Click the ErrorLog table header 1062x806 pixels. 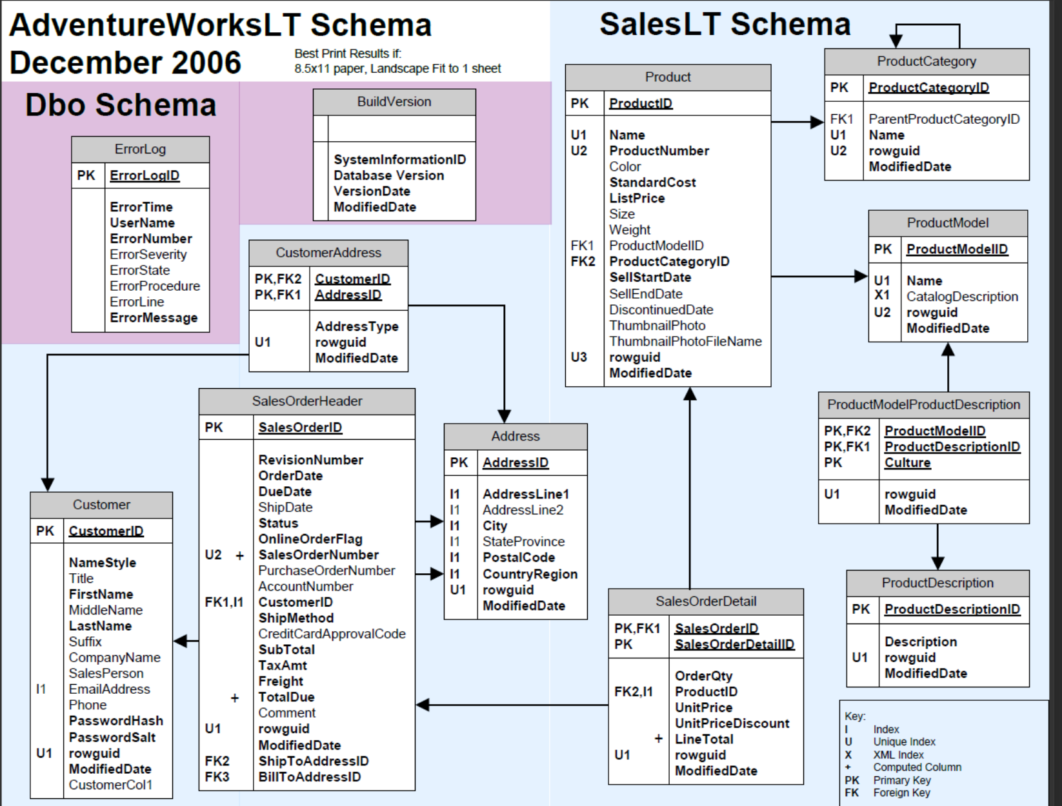(x=140, y=149)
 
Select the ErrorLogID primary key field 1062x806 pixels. (x=145, y=175)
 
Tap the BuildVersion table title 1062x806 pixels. (x=394, y=102)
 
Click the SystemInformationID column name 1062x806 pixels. (x=399, y=159)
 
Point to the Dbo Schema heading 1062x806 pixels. (x=121, y=105)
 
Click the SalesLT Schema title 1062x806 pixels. (x=725, y=25)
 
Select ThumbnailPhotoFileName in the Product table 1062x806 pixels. (x=685, y=341)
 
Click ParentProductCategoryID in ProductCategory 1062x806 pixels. (x=944, y=119)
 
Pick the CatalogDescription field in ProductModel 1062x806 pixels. (x=961, y=297)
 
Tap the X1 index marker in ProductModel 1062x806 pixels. (x=881, y=295)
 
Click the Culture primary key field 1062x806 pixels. (x=907, y=462)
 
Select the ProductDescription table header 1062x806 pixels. (x=937, y=583)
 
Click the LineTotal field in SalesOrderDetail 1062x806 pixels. (x=704, y=739)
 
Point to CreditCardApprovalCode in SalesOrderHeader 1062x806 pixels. (x=332, y=634)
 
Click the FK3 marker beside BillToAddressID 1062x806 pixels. (x=217, y=776)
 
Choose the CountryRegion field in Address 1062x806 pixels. (x=530, y=574)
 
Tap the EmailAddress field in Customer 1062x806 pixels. (x=109, y=689)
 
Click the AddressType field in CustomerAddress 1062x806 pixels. (x=356, y=326)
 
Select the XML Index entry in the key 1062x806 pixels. (x=898, y=754)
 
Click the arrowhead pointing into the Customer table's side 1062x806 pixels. (x=181, y=641)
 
